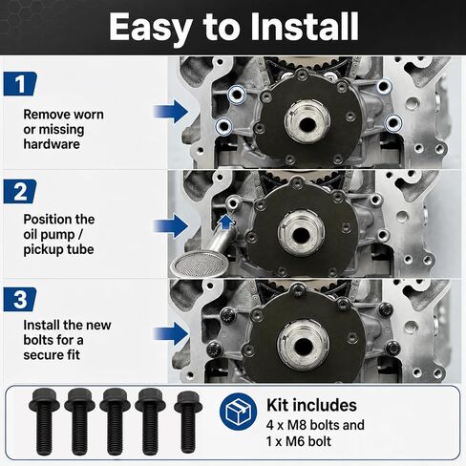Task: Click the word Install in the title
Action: click(305, 27)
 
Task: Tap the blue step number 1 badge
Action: click(20, 84)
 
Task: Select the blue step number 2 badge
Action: click(20, 191)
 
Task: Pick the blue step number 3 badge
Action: click(20, 300)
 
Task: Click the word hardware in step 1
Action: click(52, 144)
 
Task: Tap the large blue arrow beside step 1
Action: click(171, 112)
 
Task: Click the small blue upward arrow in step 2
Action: click(225, 222)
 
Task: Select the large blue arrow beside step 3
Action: click(171, 333)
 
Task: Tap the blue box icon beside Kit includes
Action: click(238, 412)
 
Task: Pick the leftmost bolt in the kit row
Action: click(44, 422)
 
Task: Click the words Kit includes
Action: click(311, 405)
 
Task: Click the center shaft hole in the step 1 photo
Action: click(307, 123)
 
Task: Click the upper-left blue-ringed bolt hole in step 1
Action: click(237, 95)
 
